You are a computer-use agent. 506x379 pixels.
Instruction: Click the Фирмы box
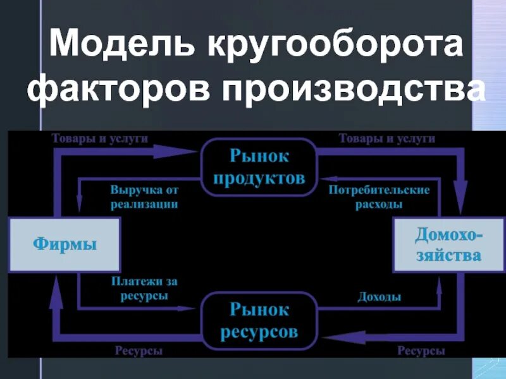point(65,244)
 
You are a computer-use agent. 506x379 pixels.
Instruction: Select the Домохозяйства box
point(448,244)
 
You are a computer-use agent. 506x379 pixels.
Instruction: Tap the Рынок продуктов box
point(259,167)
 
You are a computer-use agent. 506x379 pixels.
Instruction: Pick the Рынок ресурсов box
point(259,320)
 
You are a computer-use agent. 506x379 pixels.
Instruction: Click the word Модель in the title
point(120,48)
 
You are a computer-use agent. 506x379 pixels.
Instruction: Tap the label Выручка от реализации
point(144,196)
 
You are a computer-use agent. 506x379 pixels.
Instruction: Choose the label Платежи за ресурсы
point(140,288)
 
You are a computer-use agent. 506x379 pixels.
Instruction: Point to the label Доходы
point(379,296)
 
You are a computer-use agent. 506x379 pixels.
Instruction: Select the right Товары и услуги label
point(386,138)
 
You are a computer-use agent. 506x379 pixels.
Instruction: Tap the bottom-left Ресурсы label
point(138,350)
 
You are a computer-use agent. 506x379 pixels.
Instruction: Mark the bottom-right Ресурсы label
point(419,350)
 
